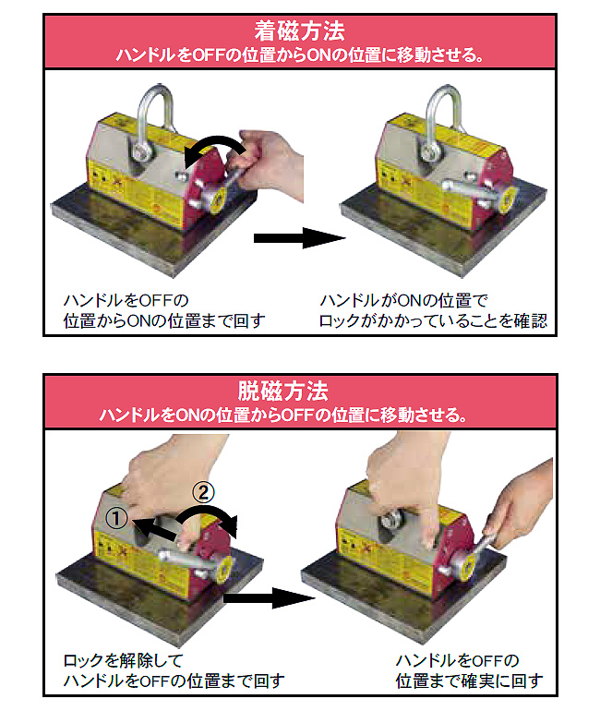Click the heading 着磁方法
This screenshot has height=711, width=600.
300,31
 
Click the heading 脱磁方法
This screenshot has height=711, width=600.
282,391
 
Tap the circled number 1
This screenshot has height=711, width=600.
116,518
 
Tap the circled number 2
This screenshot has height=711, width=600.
203,492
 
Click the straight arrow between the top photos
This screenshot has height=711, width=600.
299,237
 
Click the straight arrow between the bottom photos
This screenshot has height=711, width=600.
270,598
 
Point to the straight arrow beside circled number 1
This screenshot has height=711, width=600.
155,529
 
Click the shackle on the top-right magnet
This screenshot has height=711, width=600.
442,123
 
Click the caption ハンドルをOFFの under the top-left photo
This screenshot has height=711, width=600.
126,300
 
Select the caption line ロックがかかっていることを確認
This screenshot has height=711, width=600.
433,321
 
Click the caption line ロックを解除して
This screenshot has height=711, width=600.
124,660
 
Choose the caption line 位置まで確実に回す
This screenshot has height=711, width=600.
470,681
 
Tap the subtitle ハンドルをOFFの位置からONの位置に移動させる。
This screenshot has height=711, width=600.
300,54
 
